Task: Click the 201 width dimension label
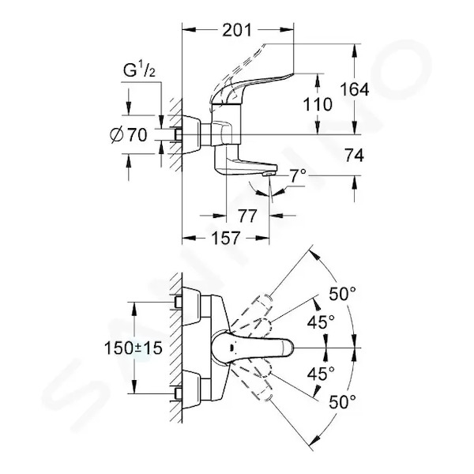(x=237, y=30)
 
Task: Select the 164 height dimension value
(x=354, y=89)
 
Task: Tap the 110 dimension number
(x=318, y=104)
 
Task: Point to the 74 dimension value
(x=354, y=156)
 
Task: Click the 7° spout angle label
(x=298, y=176)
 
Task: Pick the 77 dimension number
(x=247, y=216)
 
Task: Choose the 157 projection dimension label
(x=225, y=238)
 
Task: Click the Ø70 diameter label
(x=129, y=135)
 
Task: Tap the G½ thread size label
(x=139, y=70)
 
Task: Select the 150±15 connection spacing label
(x=134, y=348)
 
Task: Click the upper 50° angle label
(x=342, y=294)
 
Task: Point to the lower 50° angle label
(x=342, y=402)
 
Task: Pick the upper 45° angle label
(x=321, y=322)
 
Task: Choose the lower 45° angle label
(x=321, y=374)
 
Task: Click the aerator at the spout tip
(x=269, y=174)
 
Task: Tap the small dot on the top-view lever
(x=231, y=347)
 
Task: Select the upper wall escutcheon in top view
(x=192, y=307)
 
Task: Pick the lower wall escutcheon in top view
(x=192, y=389)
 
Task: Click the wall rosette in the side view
(x=192, y=134)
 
